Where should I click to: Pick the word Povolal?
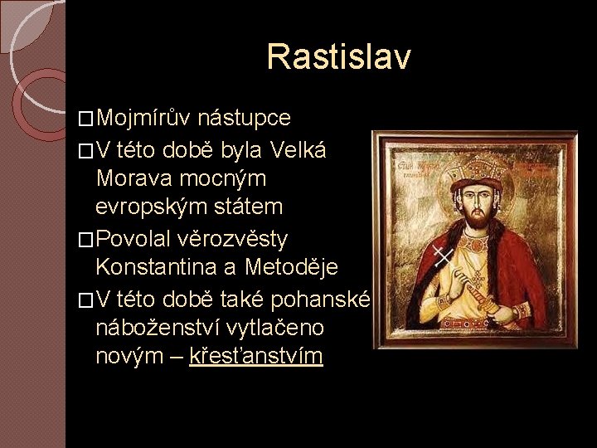135,240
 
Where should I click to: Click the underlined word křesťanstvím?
256,358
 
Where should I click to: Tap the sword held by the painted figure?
482,286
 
